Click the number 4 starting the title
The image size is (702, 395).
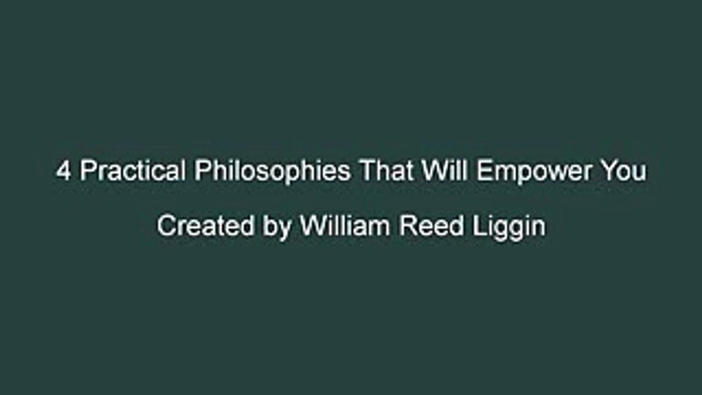pyautogui.click(x=63, y=172)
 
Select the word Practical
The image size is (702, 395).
pyautogui.click(x=132, y=172)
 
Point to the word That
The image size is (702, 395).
pyautogui.click(x=386, y=172)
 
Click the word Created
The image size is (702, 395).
pyautogui.click(x=206, y=226)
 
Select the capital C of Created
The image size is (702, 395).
pyautogui.click(x=166, y=226)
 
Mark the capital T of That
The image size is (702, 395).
pyautogui.click(x=367, y=172)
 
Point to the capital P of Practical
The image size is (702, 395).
pyautogui.click(x=87, y=172)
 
